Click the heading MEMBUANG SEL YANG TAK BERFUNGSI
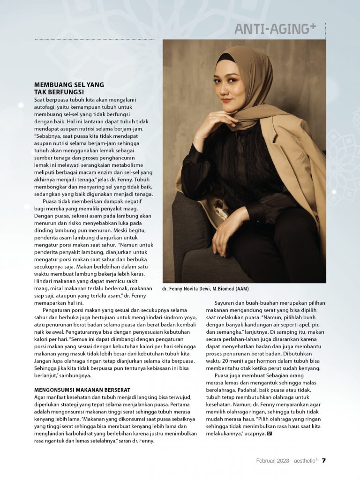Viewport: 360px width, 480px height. (69, 89)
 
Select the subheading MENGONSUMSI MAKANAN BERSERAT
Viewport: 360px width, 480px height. (82, 390)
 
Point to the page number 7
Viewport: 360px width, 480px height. (323, 460)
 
